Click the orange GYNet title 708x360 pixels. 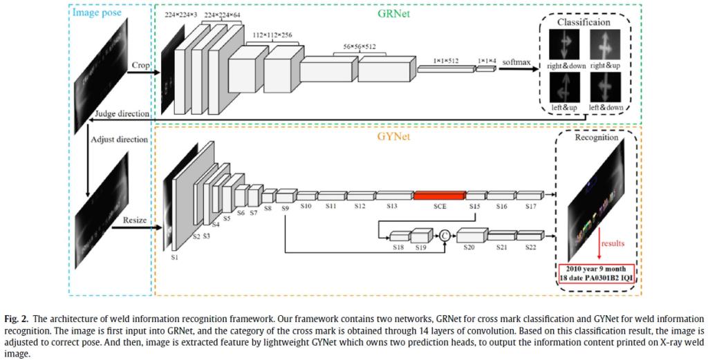point(395,137)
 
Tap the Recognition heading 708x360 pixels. point(596,137)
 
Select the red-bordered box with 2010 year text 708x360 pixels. point(596,272)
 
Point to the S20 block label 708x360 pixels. point(469,247)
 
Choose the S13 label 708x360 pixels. point(391,206)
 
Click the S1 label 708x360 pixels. point(174,257)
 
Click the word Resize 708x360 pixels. point(136,220)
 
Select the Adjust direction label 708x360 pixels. point(120,139)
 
